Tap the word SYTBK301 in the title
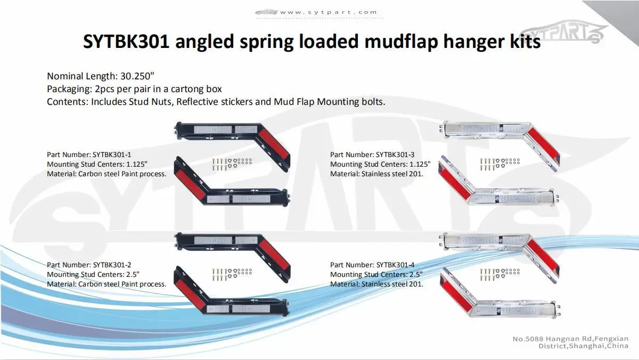click(x=126, y=42)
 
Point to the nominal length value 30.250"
click(x=138, y=76)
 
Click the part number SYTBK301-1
click(x=112, y=154)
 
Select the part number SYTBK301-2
click(x=112, y=265)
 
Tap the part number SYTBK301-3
click(x=395, y=154)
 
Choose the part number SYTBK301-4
click(x=395, y=265)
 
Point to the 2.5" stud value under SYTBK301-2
click(x=130, y=274)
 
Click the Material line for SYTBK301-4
click(x=376, y=284)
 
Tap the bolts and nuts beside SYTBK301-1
click(x=232, y=163)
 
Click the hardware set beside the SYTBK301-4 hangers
click(x=499, y=274)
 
